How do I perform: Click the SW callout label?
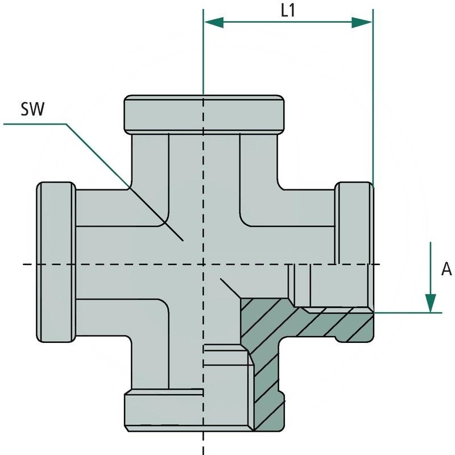[x=32, y=109]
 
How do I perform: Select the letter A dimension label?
[x=446, y=269]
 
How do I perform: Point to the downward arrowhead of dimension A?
[x=431, y=301]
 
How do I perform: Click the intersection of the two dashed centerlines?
[x=203, y=264]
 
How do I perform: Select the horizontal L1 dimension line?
[x=288, y=22]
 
